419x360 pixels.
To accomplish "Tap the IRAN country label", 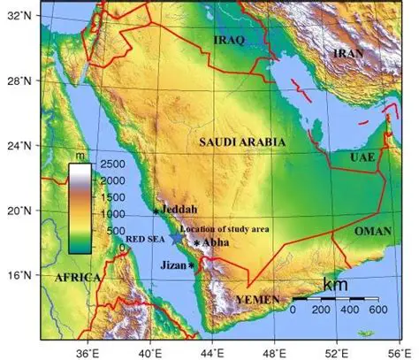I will [348, 54].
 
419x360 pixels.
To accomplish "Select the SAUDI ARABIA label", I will [242, 142].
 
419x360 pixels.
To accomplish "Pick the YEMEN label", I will [257, 300].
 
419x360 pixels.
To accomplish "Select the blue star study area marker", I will [178, 237].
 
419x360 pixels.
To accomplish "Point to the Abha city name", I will [216, 242].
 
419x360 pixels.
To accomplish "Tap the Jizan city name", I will [172, 264].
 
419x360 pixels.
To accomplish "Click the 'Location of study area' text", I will [224, 228].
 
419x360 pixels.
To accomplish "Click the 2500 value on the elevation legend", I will [109, 165].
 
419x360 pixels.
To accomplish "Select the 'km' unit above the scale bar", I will [335, 285].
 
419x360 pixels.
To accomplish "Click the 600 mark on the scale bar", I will [379, 311].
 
